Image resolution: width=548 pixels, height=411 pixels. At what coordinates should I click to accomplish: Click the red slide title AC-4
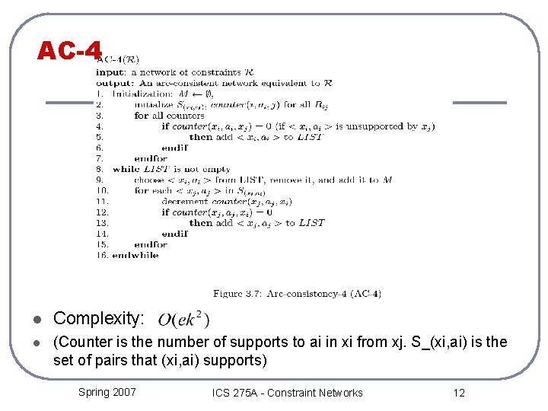[69, 51]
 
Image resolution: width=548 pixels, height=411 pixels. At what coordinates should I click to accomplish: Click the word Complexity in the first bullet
[98, 318]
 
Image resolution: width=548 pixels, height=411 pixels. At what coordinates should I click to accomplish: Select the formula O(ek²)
[183, 319]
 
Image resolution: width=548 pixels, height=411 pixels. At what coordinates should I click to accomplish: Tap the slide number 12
[458, 393]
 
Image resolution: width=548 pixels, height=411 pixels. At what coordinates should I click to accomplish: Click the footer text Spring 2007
[107, 392]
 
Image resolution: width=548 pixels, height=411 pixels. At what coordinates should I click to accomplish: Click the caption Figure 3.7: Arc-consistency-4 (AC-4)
[298, 293]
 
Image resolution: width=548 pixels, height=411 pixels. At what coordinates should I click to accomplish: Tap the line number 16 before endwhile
[101, 256]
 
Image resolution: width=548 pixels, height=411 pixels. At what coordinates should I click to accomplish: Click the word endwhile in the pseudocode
[135, 256]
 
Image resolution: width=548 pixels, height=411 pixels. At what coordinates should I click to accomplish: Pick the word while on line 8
[126, 169]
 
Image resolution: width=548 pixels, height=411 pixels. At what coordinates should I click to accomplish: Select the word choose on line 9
[148, 180]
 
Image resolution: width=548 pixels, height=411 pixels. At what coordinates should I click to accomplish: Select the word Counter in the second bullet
[80, 342]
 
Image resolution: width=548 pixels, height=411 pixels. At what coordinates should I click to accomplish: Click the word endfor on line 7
[151, 158]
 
